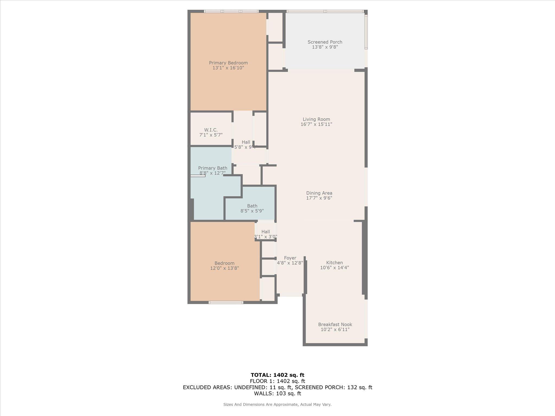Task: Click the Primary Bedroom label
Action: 228,63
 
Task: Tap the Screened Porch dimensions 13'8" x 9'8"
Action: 325,47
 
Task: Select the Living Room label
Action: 316,119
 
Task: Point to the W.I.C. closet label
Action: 211,130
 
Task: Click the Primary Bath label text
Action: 212,168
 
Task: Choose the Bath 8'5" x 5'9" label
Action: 252,208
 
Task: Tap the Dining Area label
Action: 319,193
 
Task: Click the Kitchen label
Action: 334,262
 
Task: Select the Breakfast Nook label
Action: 335,324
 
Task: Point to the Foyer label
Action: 290,258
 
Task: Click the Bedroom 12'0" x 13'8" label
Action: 224,266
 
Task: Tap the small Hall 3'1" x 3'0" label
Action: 266,234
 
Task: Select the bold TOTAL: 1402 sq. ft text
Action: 277,375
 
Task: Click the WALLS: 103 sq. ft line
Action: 277,393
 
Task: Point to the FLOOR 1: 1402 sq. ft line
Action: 277,381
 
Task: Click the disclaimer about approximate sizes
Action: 277,404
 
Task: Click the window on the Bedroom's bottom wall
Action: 225,302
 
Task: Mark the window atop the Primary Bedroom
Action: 231,11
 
